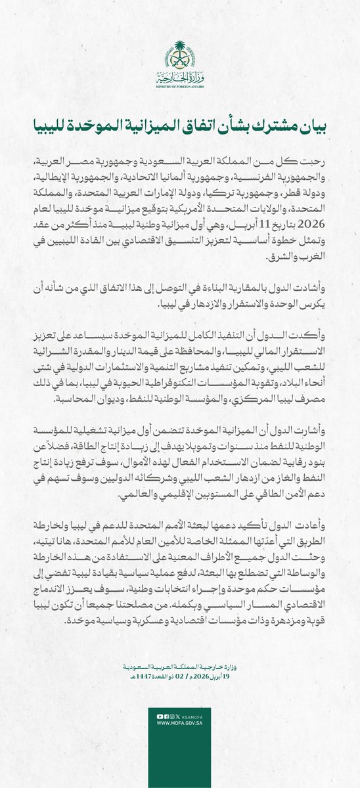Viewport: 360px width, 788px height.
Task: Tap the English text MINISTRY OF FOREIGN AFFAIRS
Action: [x=179, y=86]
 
